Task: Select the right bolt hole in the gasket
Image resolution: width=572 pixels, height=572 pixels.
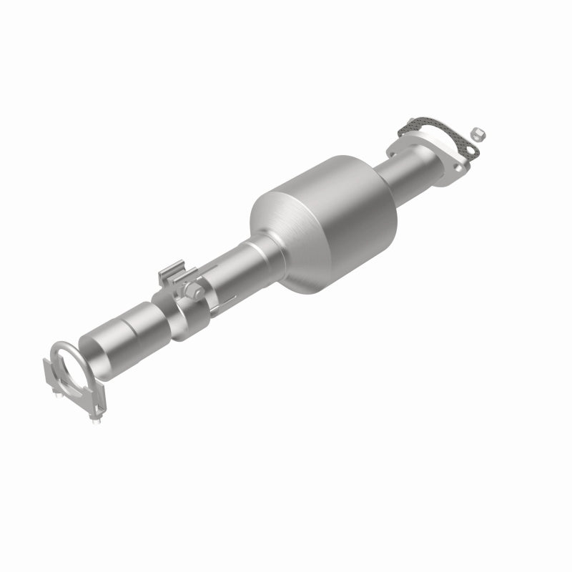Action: pos(470,151)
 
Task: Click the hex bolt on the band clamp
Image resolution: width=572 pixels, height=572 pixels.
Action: pos(191,290)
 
